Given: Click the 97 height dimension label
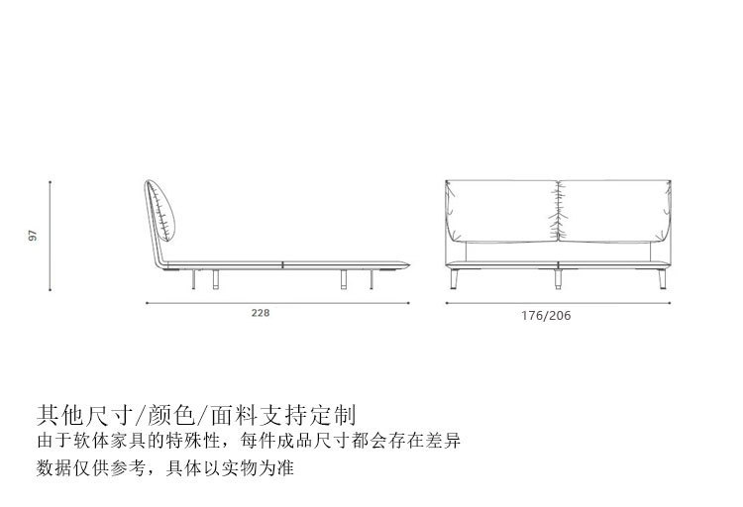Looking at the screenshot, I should click(x=34, y=236).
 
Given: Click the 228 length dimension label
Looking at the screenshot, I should click(x=260, y=312).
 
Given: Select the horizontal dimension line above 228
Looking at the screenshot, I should click(x=277, y=303).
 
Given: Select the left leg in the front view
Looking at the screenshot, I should click(x=459, y=279).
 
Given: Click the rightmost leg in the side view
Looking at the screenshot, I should click(x=372, y=280).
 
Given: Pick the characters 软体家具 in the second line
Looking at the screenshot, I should click(x=114, y=440).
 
